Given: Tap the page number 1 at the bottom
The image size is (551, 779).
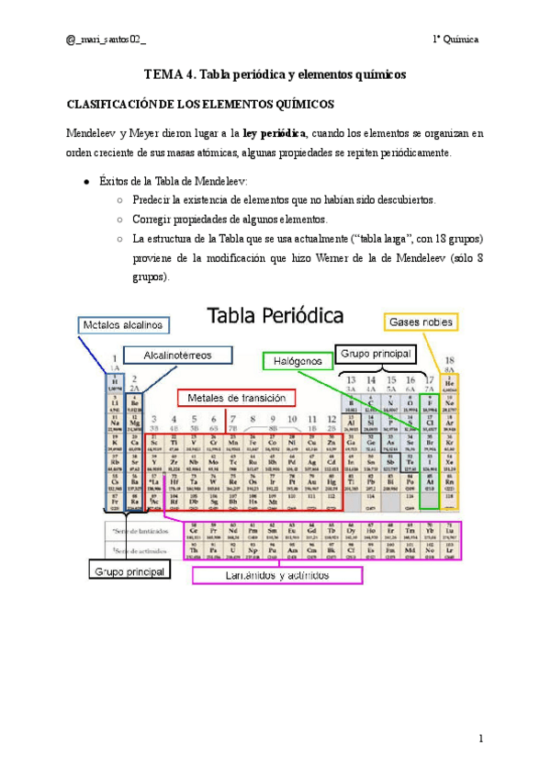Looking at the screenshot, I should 480,739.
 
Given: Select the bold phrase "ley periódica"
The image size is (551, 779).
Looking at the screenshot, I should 271,133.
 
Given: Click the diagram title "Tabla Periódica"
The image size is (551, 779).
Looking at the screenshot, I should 279,317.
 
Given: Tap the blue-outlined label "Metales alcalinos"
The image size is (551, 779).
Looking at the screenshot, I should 124,325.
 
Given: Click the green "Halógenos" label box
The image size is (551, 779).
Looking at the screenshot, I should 298,362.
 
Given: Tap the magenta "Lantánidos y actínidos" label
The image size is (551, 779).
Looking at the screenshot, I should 277,575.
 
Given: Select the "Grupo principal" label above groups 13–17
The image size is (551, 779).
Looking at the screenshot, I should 377,352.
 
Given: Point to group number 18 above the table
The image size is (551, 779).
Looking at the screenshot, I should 450,361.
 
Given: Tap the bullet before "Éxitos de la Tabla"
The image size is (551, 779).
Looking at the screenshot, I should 85,182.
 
